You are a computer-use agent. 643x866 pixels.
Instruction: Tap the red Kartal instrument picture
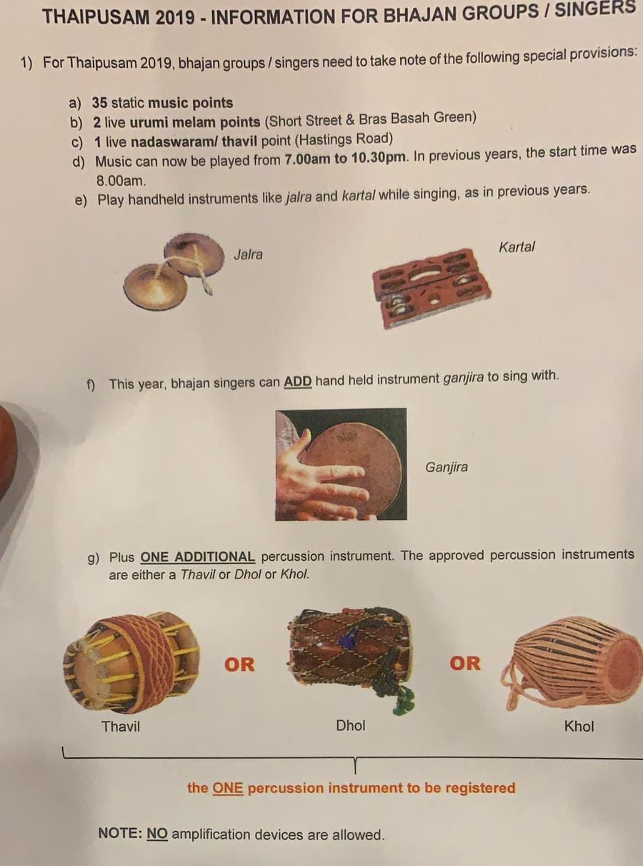tap(431, 287)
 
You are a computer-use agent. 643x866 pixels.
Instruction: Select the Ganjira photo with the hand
tap(341, 464)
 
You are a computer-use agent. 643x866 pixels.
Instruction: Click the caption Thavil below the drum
tap(121, 727)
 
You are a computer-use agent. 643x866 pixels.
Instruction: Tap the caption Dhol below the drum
tap(351, 725)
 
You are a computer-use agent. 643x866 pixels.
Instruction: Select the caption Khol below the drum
tap(579, 727)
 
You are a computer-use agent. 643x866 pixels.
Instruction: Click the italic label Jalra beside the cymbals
tap(248, 255)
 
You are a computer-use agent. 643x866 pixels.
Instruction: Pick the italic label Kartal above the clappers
tap(517, 247)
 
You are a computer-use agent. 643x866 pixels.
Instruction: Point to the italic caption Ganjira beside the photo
tap(447, 468)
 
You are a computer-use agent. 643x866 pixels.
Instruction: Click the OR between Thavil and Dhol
tap(239, 664)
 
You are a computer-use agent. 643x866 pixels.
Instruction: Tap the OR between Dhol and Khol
tap(464, 664)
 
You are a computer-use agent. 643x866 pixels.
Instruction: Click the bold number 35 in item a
tap(100, 102)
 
